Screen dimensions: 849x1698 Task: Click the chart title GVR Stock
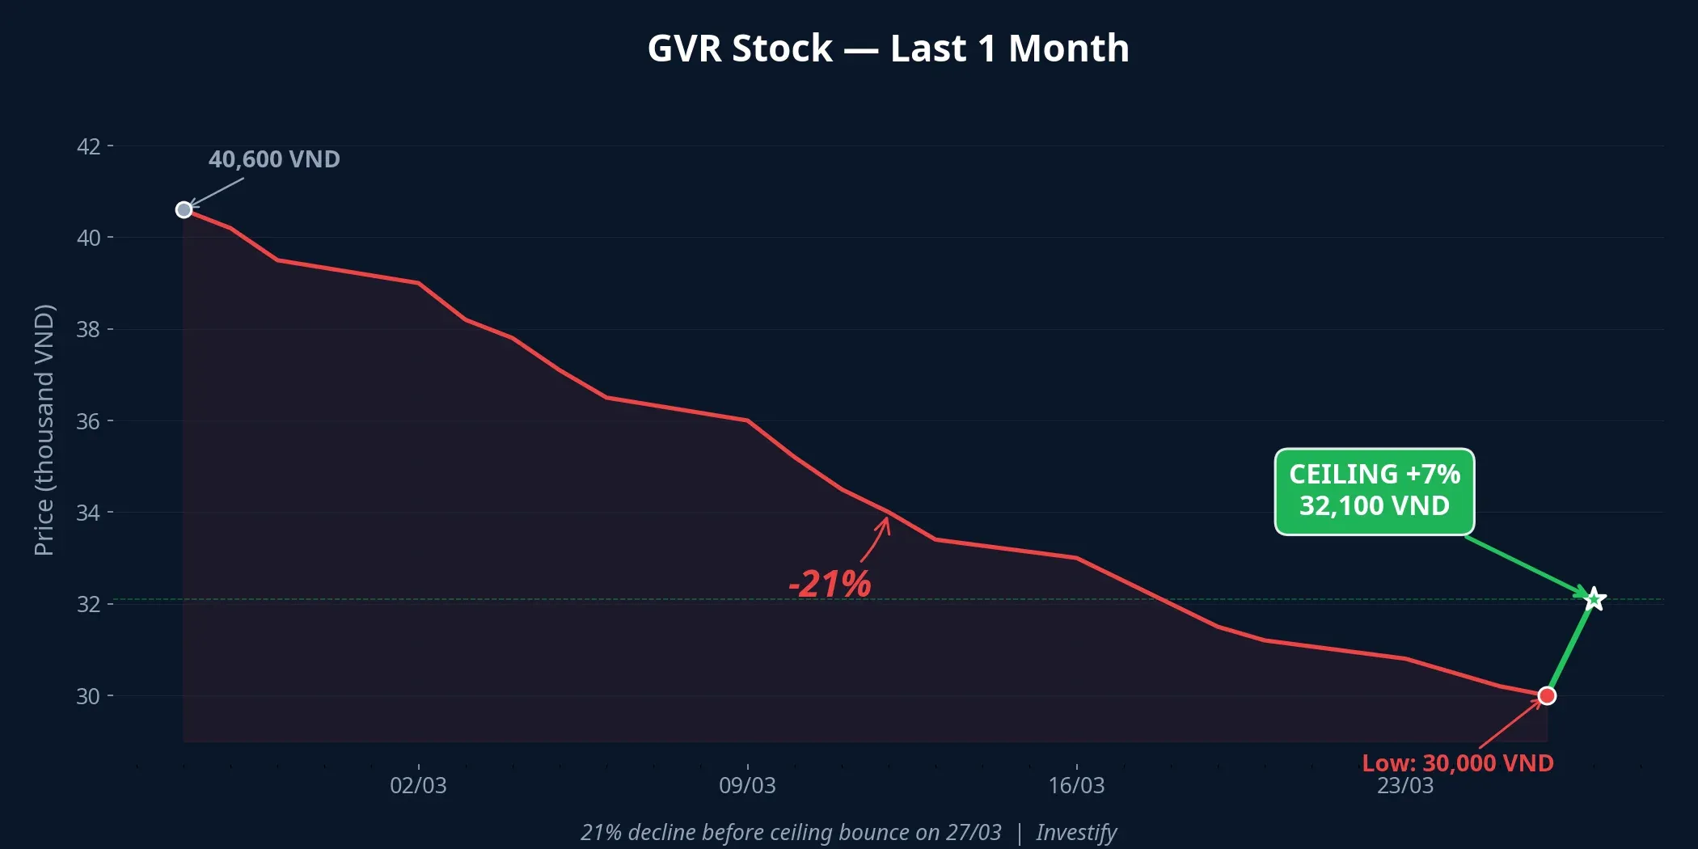[888, 49]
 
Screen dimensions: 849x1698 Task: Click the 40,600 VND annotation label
[274, 159]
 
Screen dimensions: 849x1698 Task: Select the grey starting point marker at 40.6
[184, 210]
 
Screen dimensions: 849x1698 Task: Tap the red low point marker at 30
[1547, 696]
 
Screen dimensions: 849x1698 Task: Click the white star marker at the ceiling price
[1594, 599]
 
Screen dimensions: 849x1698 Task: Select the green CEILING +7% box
[1374, 491]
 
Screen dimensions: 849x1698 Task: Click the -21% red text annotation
[830, 584]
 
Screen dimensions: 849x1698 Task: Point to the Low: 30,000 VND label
[1457, 763]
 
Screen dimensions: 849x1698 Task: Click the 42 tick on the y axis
[88, 146]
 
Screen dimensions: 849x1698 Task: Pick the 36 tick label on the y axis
[88, 421]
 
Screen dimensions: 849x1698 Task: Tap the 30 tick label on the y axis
[88, 696]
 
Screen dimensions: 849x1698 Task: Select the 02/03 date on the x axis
[418, 785]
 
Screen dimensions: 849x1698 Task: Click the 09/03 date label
[747, 785]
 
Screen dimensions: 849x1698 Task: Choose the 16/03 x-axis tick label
[1076, 785]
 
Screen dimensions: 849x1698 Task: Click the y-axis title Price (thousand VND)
[44, 430]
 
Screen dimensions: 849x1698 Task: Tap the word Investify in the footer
[1076, 832]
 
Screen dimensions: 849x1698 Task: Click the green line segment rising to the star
[1570, 648]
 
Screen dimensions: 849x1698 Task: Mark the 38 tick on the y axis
[88, 330]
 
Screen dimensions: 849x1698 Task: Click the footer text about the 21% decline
[791, 832]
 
